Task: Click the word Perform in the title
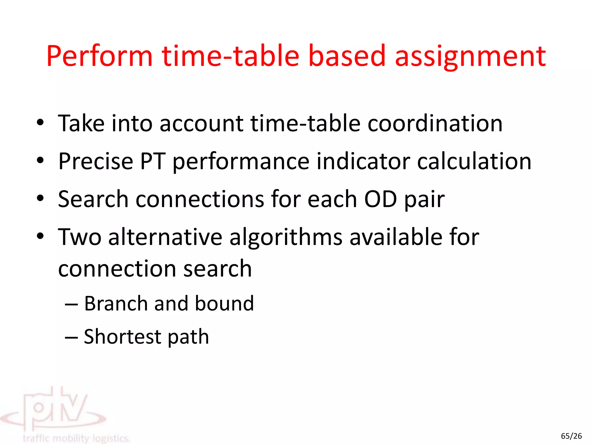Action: pos(99,56)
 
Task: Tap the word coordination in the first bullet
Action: pos(435,124)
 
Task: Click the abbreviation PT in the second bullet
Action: pos(153,161)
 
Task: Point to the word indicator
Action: pos(363,161)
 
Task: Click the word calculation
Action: pos(474,161)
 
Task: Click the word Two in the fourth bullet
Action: pos(80,237)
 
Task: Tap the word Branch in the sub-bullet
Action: pos(116,304)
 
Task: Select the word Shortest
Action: pos(122,337)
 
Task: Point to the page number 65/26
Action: pos(571,436)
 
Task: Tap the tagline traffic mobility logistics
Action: pos(76,438)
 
